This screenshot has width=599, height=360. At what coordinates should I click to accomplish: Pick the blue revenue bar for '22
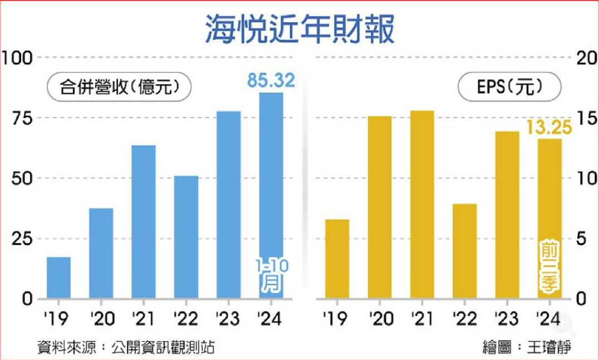[186, 236]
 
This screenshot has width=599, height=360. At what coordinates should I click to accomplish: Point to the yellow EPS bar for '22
[464, 251]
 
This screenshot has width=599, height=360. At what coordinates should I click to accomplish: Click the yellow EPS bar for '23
[507, 215]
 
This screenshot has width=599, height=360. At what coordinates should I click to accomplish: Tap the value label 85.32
[271, 81]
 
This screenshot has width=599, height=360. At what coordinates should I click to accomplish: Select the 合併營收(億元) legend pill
[119, 87]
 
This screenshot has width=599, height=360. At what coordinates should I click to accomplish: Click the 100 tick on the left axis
[18, 57]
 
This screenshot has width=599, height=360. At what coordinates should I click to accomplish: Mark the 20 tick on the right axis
[586, 58]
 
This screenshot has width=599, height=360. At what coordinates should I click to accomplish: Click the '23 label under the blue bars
[228, 319]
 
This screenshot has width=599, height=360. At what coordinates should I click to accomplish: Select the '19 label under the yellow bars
[336, 319]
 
